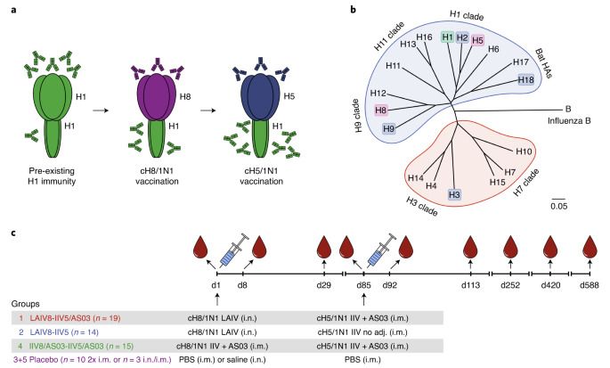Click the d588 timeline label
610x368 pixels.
point(590,284)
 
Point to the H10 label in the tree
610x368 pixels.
point(524,152)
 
